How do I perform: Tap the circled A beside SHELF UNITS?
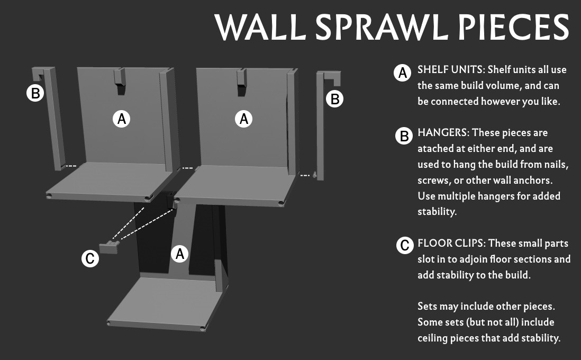[402, 73]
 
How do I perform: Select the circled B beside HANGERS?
[404, 136]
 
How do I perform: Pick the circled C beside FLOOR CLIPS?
[405, 245]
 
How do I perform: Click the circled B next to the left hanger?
[35, 93]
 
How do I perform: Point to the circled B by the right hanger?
[334, 99]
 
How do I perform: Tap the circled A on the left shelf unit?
[122, 119]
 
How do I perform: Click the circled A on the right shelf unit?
[243, 119]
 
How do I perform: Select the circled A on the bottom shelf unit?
[180, 254]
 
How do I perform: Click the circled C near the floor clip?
[90, 258]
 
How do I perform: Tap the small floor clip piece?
[110, 247]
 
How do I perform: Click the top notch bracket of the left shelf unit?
[119, 82]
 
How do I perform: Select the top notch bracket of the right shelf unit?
[241, 82]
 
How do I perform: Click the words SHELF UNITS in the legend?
[451, 70]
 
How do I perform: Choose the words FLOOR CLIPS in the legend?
[450, 243]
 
